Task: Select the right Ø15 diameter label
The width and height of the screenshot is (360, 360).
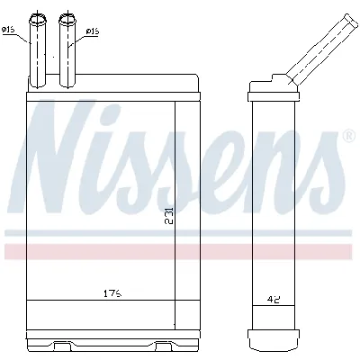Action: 92,32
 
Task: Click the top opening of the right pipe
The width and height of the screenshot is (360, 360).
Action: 68,16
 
